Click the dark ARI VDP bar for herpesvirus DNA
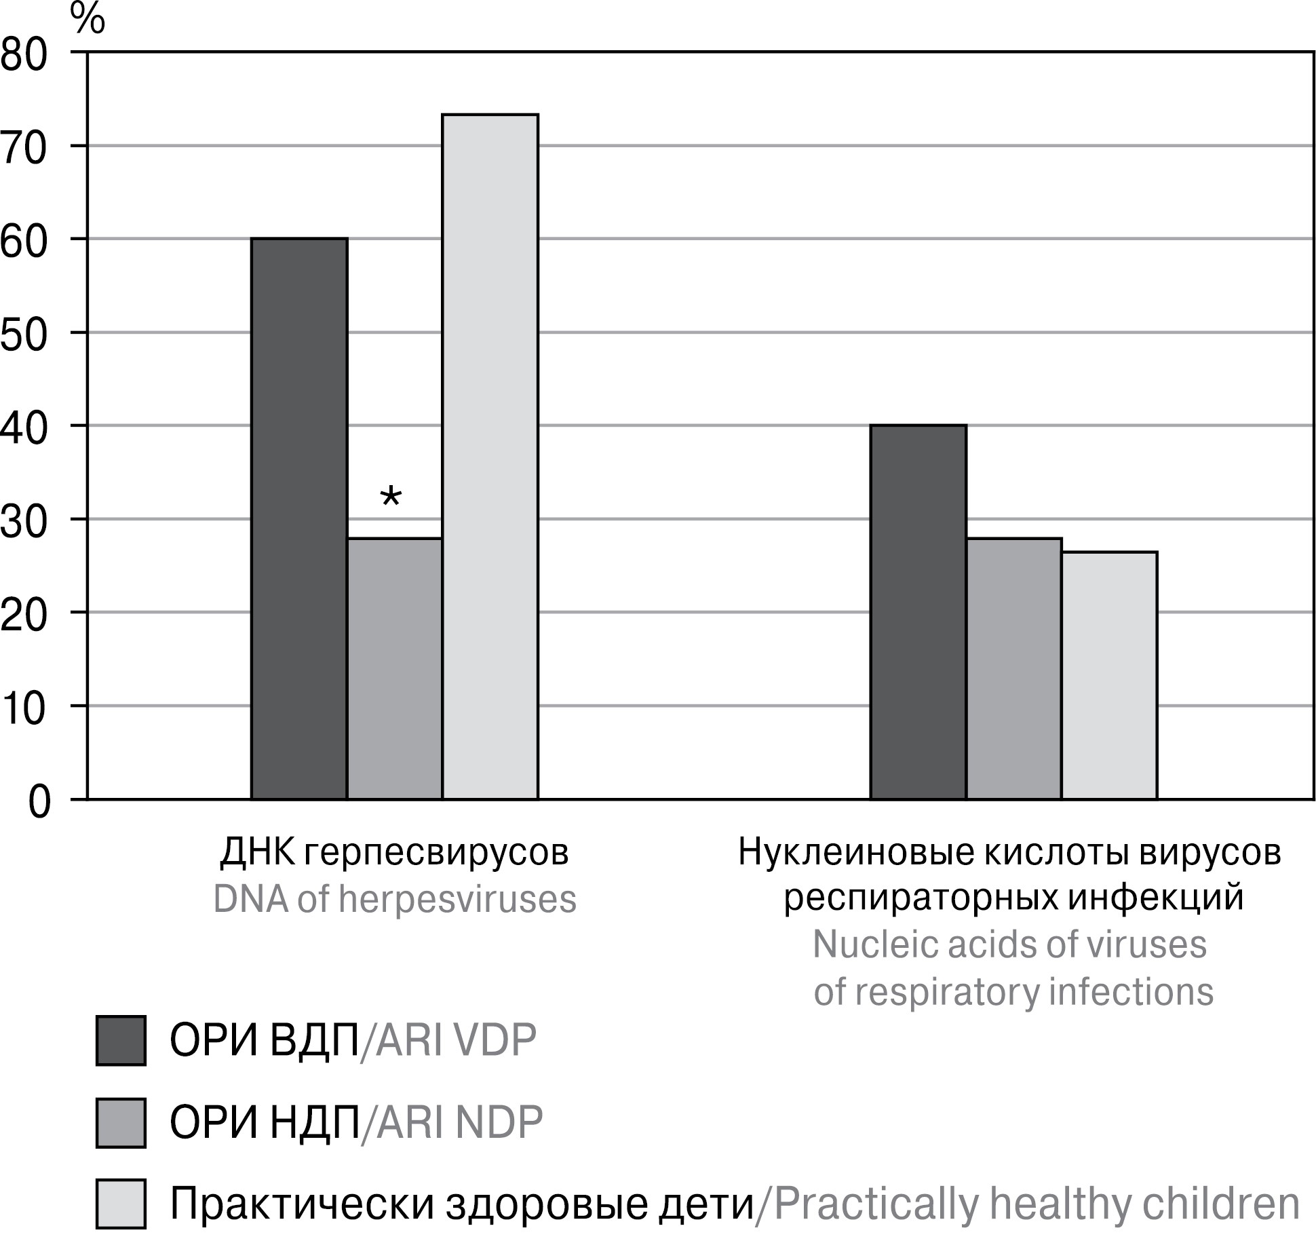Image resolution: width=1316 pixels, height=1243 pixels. tap(299, 518)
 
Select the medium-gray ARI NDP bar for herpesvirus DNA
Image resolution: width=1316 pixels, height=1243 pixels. tap(395, 668)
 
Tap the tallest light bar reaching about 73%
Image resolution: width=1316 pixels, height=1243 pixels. tap(490, 457)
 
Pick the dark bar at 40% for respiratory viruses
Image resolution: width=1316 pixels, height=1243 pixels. tap(918, 612)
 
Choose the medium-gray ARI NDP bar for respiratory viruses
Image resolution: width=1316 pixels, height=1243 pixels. tap(1013, 668)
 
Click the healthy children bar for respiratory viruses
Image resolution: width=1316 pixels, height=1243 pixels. tap(1109, 675)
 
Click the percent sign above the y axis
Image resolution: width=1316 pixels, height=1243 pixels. tap(88, 20)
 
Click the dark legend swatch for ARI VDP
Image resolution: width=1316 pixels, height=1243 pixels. tap(121, 1040)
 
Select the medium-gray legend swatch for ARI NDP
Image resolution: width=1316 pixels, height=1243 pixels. tap(121, 1122)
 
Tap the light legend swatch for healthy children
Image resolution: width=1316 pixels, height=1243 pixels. tap(121, 1204)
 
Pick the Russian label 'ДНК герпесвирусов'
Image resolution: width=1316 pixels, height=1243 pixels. tap(395, 853)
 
